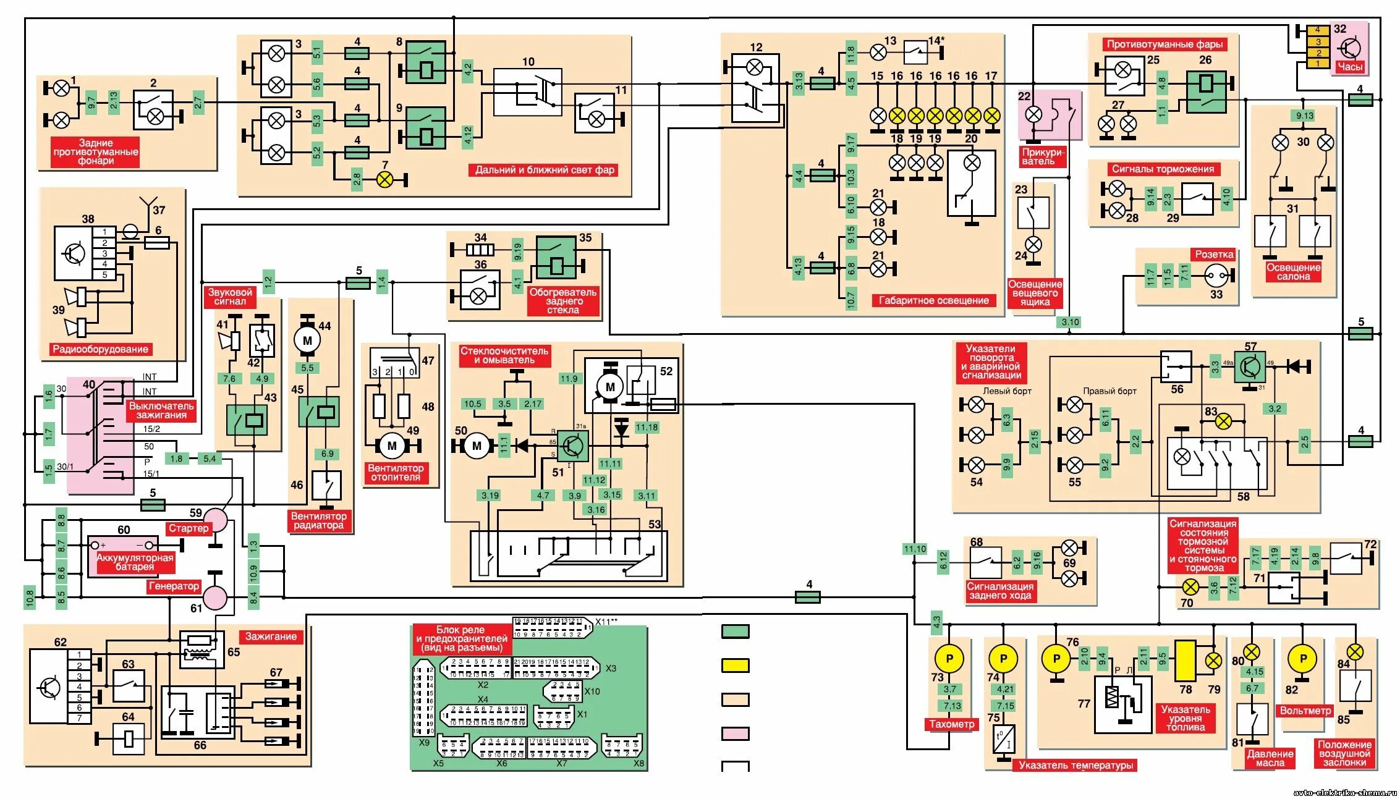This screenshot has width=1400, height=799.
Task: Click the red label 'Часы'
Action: [x=1350, y=67]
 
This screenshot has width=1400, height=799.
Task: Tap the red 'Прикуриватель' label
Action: [x=1043, y=156]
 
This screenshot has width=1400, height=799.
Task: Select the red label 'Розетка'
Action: [x=1214, y=255]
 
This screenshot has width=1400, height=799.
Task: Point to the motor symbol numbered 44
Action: [x=307, y=340]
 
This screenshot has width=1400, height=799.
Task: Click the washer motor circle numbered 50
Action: [x=476, y=446]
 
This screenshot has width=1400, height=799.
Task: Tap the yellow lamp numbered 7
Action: [x=385, y=180]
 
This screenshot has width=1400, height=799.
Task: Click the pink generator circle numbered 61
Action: [x=215, y=598]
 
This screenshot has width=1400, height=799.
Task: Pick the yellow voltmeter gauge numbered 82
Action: [x=1304, y=659]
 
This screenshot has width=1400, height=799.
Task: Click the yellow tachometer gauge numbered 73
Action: [x=949, y=659]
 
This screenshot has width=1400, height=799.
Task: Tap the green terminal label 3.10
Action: [x=1070, y=322]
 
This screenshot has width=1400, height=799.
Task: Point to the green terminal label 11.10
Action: [x=915, y=549]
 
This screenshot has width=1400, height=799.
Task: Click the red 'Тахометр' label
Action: [x=952, y=724]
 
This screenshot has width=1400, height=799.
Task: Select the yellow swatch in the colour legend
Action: [x=736, y=666]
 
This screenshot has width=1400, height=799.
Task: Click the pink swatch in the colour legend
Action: [x=736, y=733]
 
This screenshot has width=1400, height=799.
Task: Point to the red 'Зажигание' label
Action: [x=271, y=636]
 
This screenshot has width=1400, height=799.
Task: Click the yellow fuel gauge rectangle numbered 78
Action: [x=1186, y=661]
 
